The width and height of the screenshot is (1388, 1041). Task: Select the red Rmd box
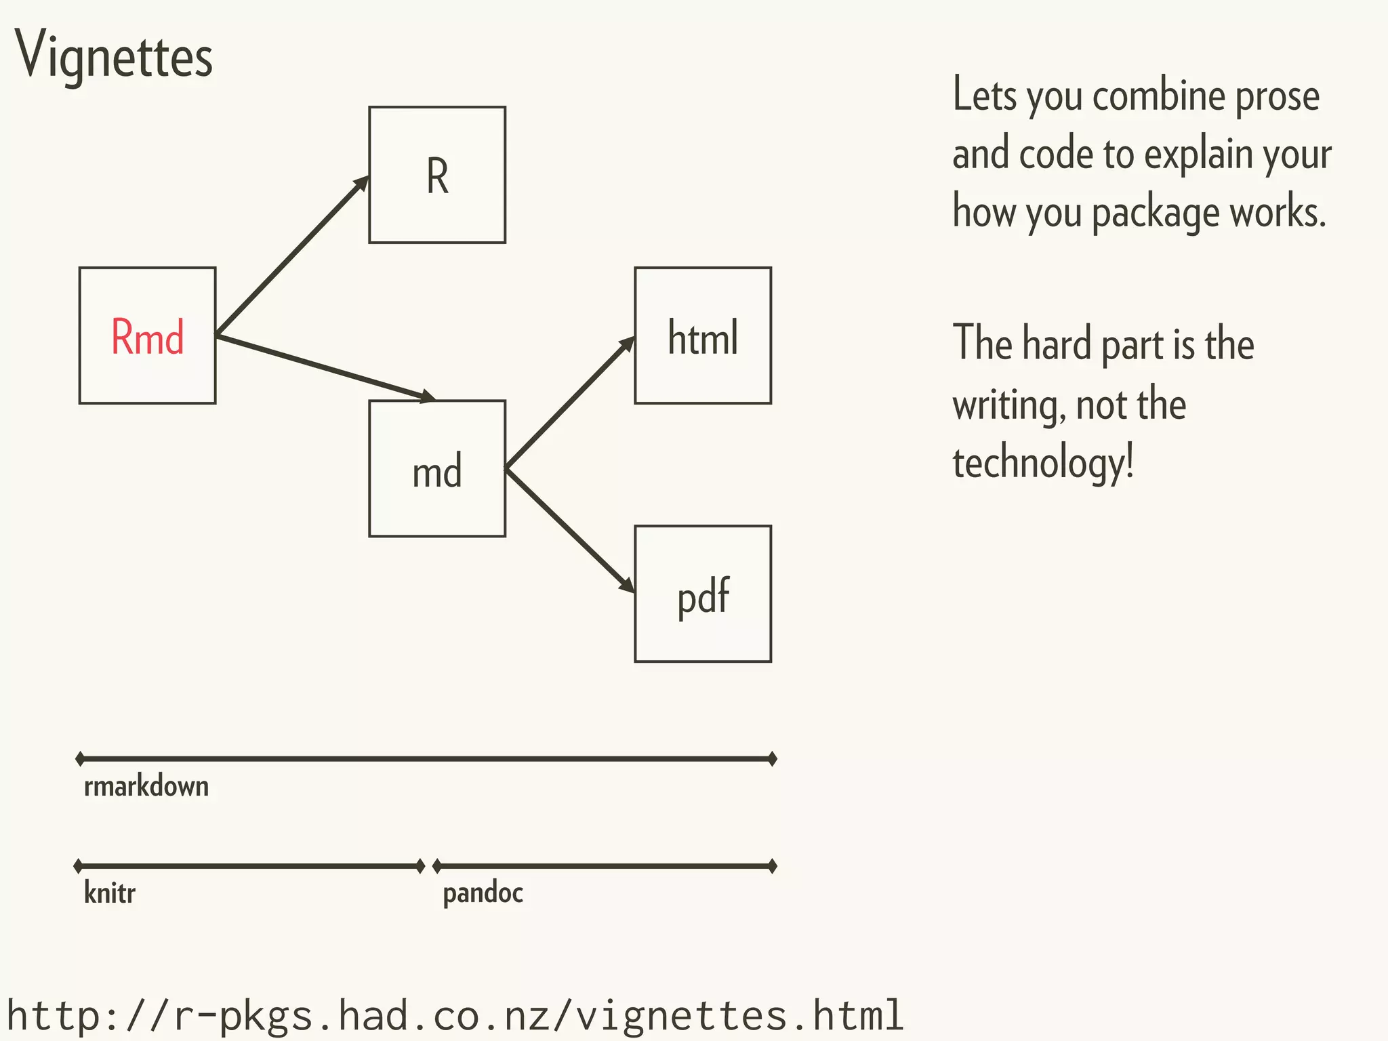[147, 336]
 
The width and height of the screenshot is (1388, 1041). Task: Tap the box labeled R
[437, 175]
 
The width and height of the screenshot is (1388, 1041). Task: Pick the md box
[437, 469]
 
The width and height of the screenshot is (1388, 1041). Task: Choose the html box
[703, 336]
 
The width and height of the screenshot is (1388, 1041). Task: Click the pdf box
[703, 594]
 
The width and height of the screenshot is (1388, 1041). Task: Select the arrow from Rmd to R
[291, 256]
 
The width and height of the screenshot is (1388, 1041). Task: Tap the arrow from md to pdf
[569, 530]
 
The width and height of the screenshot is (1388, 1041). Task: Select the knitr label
[109, 893]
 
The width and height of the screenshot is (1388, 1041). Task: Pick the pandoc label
[483, 893]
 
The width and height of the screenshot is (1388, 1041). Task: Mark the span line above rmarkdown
[427, 759]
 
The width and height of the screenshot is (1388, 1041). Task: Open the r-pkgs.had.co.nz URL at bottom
[454, 1015]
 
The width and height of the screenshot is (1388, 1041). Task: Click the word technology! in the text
[1042, 464]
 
